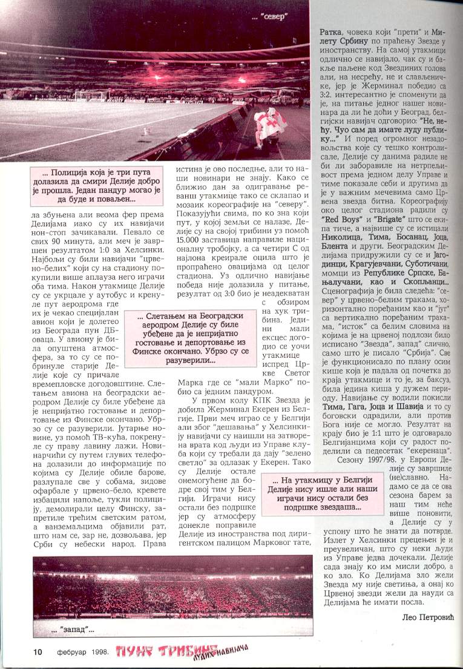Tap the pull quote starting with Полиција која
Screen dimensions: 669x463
tap(99, 186)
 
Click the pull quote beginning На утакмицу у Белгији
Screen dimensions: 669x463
tap(320, 493)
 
